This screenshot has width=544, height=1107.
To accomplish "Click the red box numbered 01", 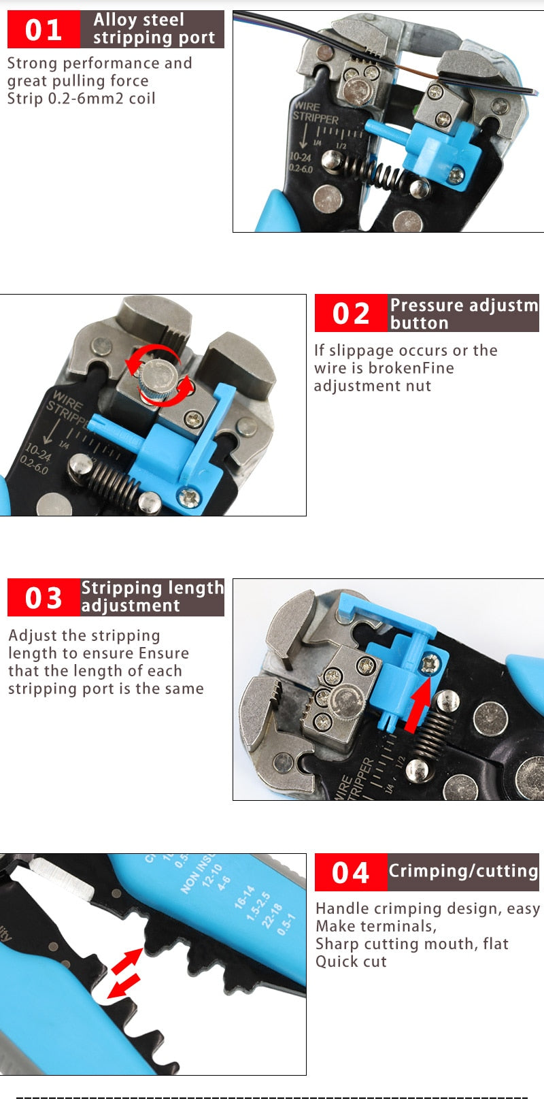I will [x=44, y=30].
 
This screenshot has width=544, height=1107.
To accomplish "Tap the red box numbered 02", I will [x=351, y=314].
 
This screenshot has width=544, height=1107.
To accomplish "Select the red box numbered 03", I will [x=44, y=598].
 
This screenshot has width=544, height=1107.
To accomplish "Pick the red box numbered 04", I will [x=351, y=872].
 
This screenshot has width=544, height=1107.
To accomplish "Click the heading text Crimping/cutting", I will [x=463, y=871].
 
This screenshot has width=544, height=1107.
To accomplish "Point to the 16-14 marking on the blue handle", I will [x=245, y=897].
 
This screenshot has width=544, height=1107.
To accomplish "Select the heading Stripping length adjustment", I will [x=152, y=597].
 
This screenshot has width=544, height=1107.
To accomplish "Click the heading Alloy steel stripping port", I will [x=153, y=29].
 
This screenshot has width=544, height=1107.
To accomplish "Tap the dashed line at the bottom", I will [x=272, y=1097].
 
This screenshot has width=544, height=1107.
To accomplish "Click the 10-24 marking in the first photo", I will [x=300, y=157].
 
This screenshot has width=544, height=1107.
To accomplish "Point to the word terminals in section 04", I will [x=402, y=927].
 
